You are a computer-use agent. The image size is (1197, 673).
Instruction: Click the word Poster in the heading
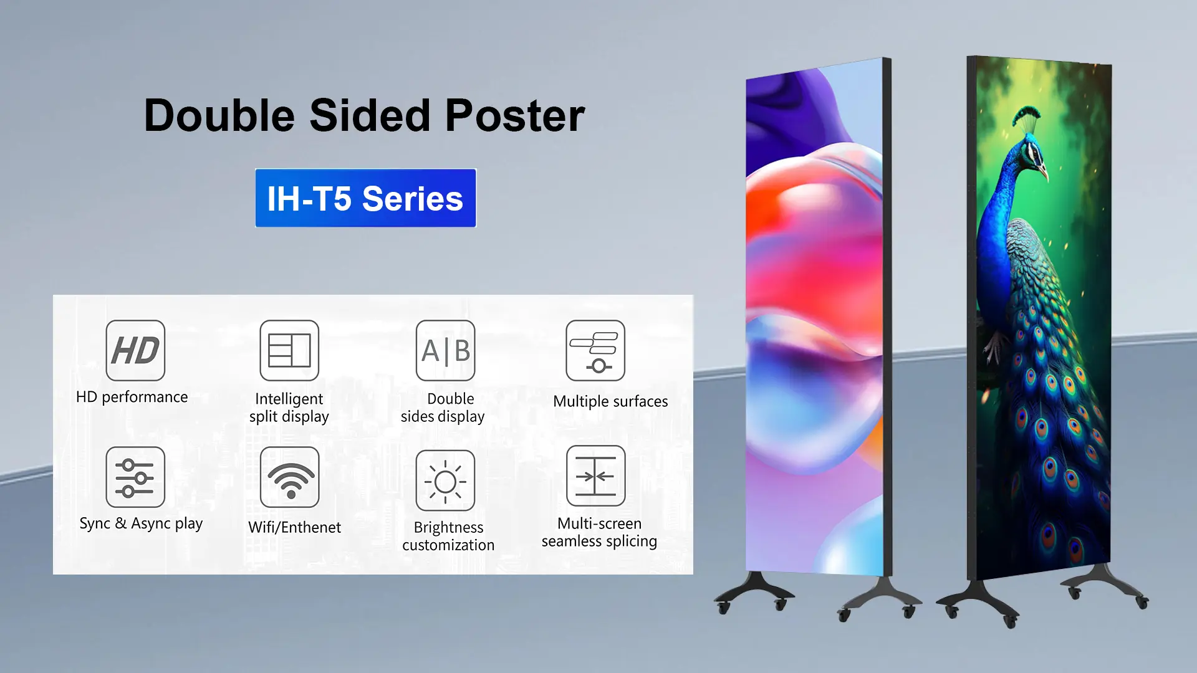point(514,116)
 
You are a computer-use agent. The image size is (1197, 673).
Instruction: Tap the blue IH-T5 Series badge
point(365,198)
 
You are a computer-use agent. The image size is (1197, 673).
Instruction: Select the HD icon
point(135,350)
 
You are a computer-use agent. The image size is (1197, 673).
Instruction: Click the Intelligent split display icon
point(289,350)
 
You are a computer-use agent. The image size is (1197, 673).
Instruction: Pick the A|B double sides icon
point(445,350)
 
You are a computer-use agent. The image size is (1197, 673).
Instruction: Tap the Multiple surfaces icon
point(595,350)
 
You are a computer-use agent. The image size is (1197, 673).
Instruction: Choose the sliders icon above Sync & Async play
point(135,477)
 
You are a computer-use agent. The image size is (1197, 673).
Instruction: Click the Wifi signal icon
point(289,477)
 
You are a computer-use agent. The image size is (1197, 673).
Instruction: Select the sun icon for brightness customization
point(445,480)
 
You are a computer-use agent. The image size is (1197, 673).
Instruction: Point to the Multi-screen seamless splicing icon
point(595,476)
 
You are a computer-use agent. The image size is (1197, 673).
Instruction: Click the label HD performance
point(132,397)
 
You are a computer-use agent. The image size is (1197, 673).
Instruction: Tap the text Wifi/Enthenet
point(294,527)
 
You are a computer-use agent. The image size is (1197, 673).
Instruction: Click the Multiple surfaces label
point(610,401)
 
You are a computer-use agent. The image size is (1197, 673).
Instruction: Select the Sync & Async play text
point(141,524)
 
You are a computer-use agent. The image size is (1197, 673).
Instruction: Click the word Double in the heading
point(219,116)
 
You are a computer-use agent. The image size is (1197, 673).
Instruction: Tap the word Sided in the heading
point(370,116)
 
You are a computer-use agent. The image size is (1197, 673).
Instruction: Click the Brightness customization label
point(448,536)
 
